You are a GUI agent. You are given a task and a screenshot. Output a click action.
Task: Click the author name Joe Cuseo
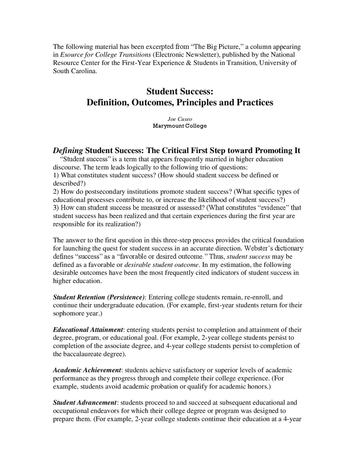tap(180, 119)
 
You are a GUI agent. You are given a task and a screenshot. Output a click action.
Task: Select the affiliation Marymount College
tap(180, 126)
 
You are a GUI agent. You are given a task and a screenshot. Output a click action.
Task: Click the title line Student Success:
tap(180, 91)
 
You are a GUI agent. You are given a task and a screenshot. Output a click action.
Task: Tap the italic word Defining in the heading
tap(68, 151)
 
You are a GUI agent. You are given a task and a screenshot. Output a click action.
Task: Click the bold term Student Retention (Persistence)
tap(99, 297)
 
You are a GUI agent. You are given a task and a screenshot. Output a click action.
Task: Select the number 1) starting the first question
tap(56, 175)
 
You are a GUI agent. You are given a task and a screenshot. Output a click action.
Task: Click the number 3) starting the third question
tap(56, 208)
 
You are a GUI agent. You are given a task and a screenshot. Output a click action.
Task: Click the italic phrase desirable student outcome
tap(162, 265)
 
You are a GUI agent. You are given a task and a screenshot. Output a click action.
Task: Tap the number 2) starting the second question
tap(56, 192)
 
